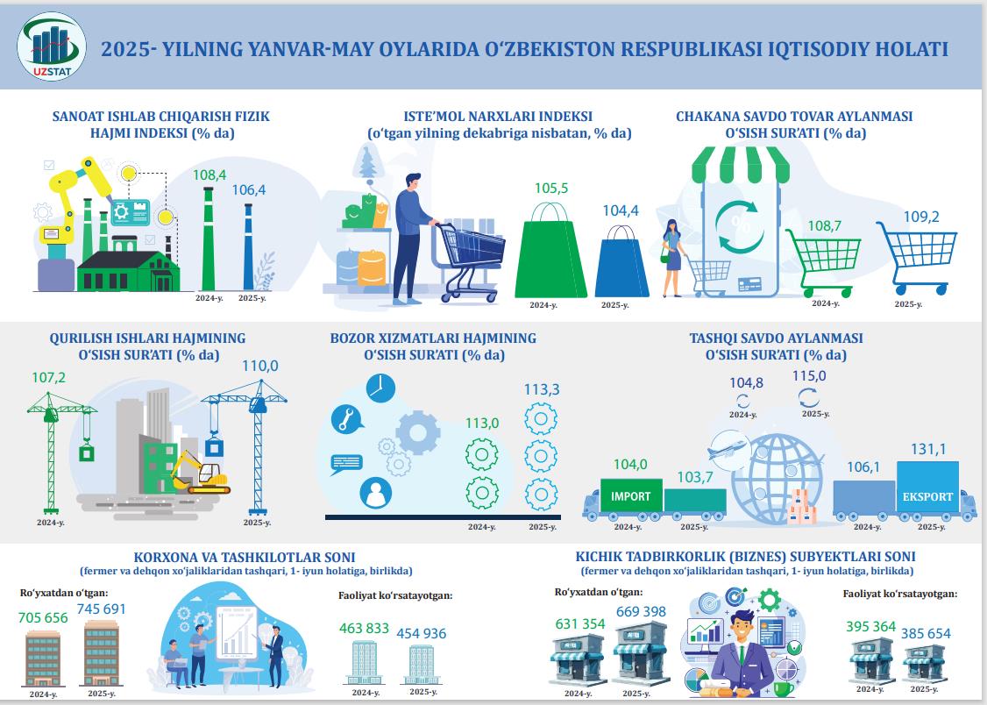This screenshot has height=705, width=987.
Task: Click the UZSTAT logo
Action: [52, 46]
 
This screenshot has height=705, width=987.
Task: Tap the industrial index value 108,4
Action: [209, 175]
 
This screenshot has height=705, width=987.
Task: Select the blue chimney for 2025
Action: [248, 246]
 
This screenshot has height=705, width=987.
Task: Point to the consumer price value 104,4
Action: [621, 210]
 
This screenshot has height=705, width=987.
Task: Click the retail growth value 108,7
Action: [825, 225]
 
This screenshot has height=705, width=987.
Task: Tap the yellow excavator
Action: [200, 472]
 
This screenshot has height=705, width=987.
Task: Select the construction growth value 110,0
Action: [260, 366]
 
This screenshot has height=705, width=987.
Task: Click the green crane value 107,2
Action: [48, 378]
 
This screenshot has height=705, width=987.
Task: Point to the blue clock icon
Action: [380, 388]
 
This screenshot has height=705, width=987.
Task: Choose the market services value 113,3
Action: [542, 389]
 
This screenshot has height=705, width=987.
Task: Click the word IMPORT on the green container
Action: [631, 496]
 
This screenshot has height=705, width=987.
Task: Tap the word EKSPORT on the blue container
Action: [927, 496]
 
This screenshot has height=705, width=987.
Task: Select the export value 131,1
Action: [927, 450]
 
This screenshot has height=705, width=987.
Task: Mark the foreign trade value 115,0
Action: [809, 376]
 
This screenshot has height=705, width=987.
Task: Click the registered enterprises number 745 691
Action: [102, 609]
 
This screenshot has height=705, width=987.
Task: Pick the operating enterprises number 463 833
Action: [364, 628]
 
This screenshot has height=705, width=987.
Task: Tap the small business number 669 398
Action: [641, 611]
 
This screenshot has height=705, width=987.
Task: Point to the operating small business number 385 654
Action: [926, 633]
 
